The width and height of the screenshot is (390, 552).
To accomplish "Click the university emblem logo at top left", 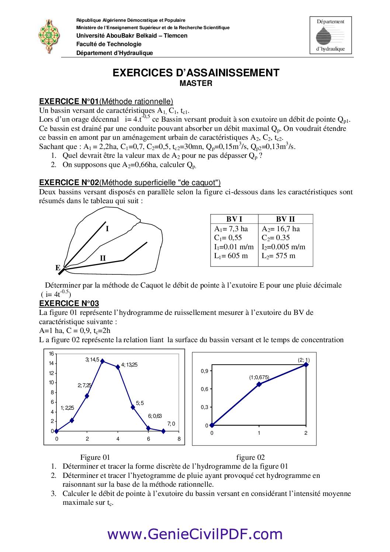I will point(48,36).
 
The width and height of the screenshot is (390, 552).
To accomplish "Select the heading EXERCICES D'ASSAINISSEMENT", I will point(196,73).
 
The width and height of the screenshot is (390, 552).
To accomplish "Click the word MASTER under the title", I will point(196,83).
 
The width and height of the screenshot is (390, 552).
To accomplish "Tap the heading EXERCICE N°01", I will point(69,101).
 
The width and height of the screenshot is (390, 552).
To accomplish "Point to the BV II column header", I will point(285,219).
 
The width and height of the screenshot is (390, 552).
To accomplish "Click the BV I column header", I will point(234,219).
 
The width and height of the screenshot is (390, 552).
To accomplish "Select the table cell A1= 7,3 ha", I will point(231,229).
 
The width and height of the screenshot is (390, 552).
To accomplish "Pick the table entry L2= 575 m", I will point(278,256).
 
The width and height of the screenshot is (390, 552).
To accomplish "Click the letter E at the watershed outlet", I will point(58,268).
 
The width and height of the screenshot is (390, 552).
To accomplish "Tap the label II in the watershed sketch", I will point(103,258).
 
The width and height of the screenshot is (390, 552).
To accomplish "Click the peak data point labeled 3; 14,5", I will point(102,361).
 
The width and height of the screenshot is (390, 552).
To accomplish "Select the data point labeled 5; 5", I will point(133,407).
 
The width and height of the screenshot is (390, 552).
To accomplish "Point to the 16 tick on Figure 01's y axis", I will point(51,354).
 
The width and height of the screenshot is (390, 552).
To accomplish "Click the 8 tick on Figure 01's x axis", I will point(179,439).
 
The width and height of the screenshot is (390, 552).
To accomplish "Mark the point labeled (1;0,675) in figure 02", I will point(259,384).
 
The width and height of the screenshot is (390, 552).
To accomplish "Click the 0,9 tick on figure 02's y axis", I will point(204,371).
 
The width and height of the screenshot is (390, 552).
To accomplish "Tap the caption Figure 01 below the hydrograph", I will point(95,458).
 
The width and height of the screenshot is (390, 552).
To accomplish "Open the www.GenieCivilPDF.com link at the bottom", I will point(195,534).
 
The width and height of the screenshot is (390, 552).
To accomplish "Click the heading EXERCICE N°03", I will point(69,303).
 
